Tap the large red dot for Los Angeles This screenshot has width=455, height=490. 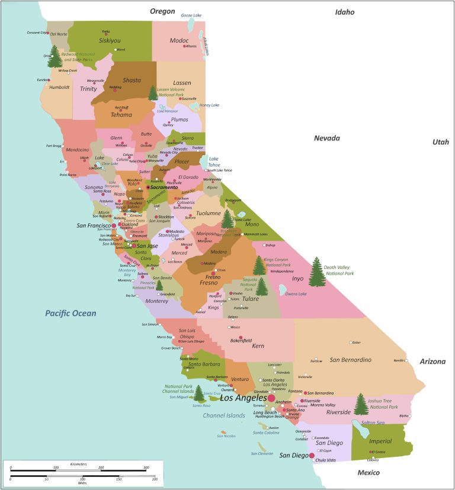click(271, 398)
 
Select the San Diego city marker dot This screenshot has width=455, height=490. click(312, 455)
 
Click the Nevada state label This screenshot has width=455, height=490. click(326, 138)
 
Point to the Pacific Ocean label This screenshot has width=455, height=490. click(71, 313)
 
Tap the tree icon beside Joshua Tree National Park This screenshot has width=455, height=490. click(360, 404)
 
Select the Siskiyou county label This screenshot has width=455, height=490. click(110, 41)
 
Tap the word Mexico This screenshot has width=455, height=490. click(368, 472)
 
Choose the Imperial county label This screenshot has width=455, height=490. click(380, 441)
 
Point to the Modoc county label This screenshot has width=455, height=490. click(178, 40)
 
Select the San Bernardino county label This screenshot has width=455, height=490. click(350, 360)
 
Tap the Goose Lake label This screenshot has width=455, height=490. click(191, 15)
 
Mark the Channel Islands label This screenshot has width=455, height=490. click(224, 415)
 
